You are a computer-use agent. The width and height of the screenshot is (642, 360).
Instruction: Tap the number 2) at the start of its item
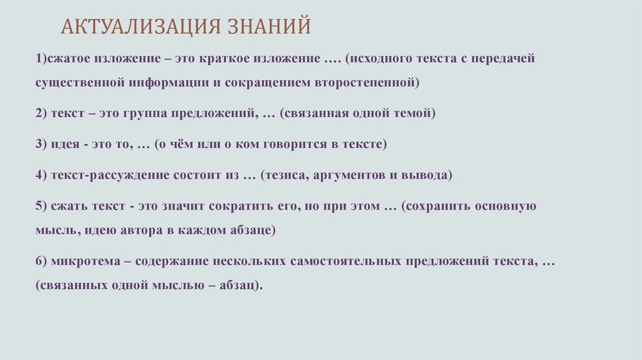tap(41, 114)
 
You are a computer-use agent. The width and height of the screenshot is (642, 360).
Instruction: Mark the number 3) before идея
tap(41, 144)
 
